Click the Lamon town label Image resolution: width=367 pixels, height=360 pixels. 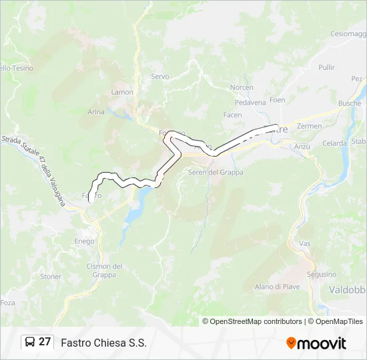[122, 92]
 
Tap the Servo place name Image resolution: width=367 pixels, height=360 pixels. [160, 77]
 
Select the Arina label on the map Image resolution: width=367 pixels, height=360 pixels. [96, 112]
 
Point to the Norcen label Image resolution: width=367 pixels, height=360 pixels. [242, 88]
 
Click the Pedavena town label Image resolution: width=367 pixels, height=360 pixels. [251, 103]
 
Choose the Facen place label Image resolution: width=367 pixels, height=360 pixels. [232, 115]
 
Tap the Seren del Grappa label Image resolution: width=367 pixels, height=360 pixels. [216, 173]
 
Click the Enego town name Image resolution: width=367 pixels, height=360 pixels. [84, 241]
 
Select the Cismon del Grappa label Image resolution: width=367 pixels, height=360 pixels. [104, 271]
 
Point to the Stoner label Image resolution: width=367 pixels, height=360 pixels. [51, 277]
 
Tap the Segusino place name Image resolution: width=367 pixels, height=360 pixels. [321, 275]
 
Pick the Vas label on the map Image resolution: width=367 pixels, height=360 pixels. [305, 244]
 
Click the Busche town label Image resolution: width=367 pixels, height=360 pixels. [350, 103]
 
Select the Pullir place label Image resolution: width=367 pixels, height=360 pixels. [327, 67]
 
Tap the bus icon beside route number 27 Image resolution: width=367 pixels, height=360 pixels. [30, 343]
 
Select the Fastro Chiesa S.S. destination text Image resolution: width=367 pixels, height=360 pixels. [103, 343]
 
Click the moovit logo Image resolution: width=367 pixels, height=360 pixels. [316, 343]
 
